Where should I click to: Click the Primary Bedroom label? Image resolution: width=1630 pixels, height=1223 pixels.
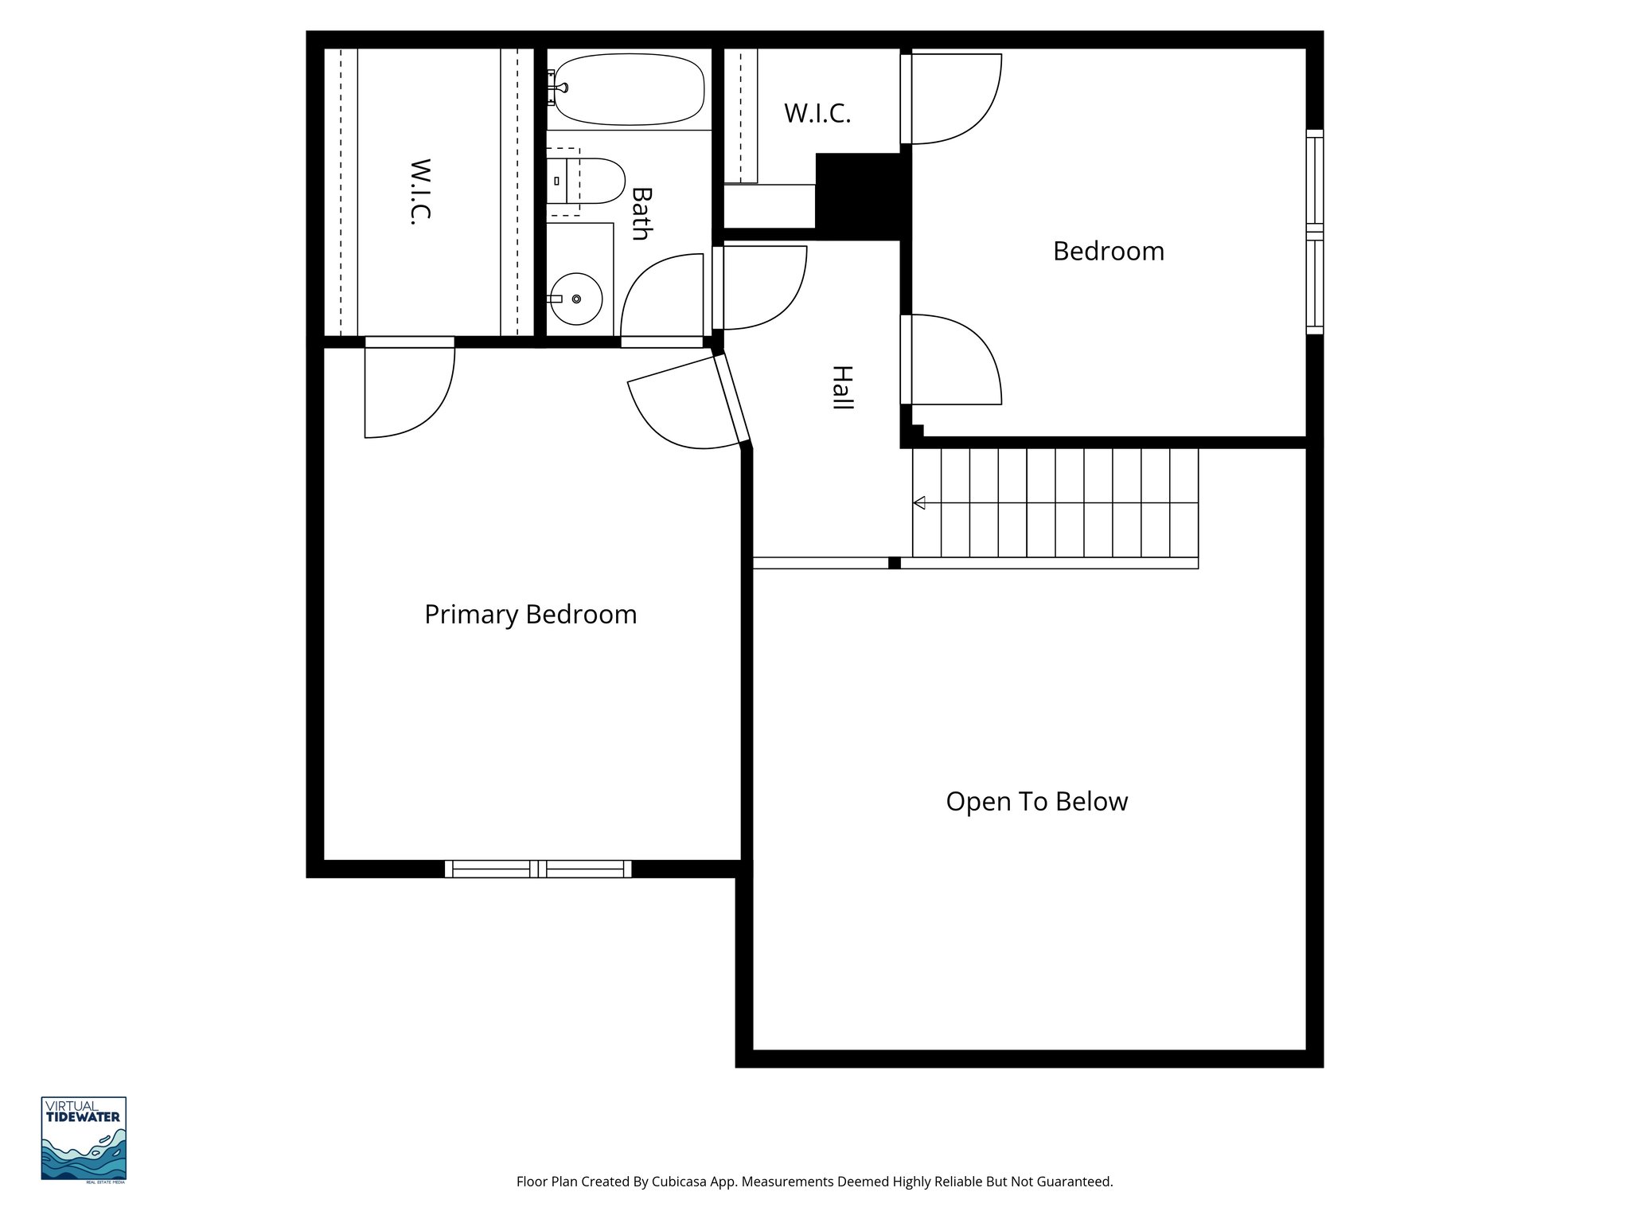[530, 615]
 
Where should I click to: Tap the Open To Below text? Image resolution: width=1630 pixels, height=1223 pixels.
[1036, 801]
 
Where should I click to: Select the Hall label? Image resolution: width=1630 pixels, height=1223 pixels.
[842, 388]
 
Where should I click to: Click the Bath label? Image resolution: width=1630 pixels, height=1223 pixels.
[641, 213]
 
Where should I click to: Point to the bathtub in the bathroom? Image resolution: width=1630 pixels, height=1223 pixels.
[629, 89]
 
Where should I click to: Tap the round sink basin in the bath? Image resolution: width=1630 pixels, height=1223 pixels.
[576, 299]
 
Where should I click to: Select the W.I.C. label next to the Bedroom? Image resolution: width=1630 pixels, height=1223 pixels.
[817, 114]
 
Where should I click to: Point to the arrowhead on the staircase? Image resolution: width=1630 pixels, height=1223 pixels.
[919, 502]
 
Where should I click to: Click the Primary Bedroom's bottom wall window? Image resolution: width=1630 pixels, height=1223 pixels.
[538, 869]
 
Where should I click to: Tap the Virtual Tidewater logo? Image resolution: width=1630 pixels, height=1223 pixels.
[84, 1139]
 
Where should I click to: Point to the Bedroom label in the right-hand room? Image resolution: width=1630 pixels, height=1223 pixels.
[1108, 251]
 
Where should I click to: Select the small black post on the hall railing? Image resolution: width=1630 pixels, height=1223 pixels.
[894, 563]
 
